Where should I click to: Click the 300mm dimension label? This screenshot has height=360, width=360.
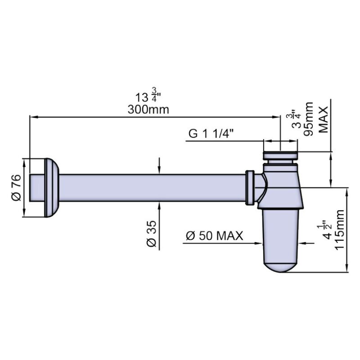coord(148,109)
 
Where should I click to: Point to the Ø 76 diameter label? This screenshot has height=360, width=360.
coord(17,188)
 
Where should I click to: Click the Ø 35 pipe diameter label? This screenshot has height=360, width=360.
coord(152,234)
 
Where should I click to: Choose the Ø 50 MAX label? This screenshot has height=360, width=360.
coord(215,235)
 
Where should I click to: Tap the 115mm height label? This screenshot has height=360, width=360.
coord(340,230)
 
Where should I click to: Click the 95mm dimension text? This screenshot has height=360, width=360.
coord(308,119)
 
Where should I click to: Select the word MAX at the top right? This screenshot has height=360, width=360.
coord(324,119)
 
